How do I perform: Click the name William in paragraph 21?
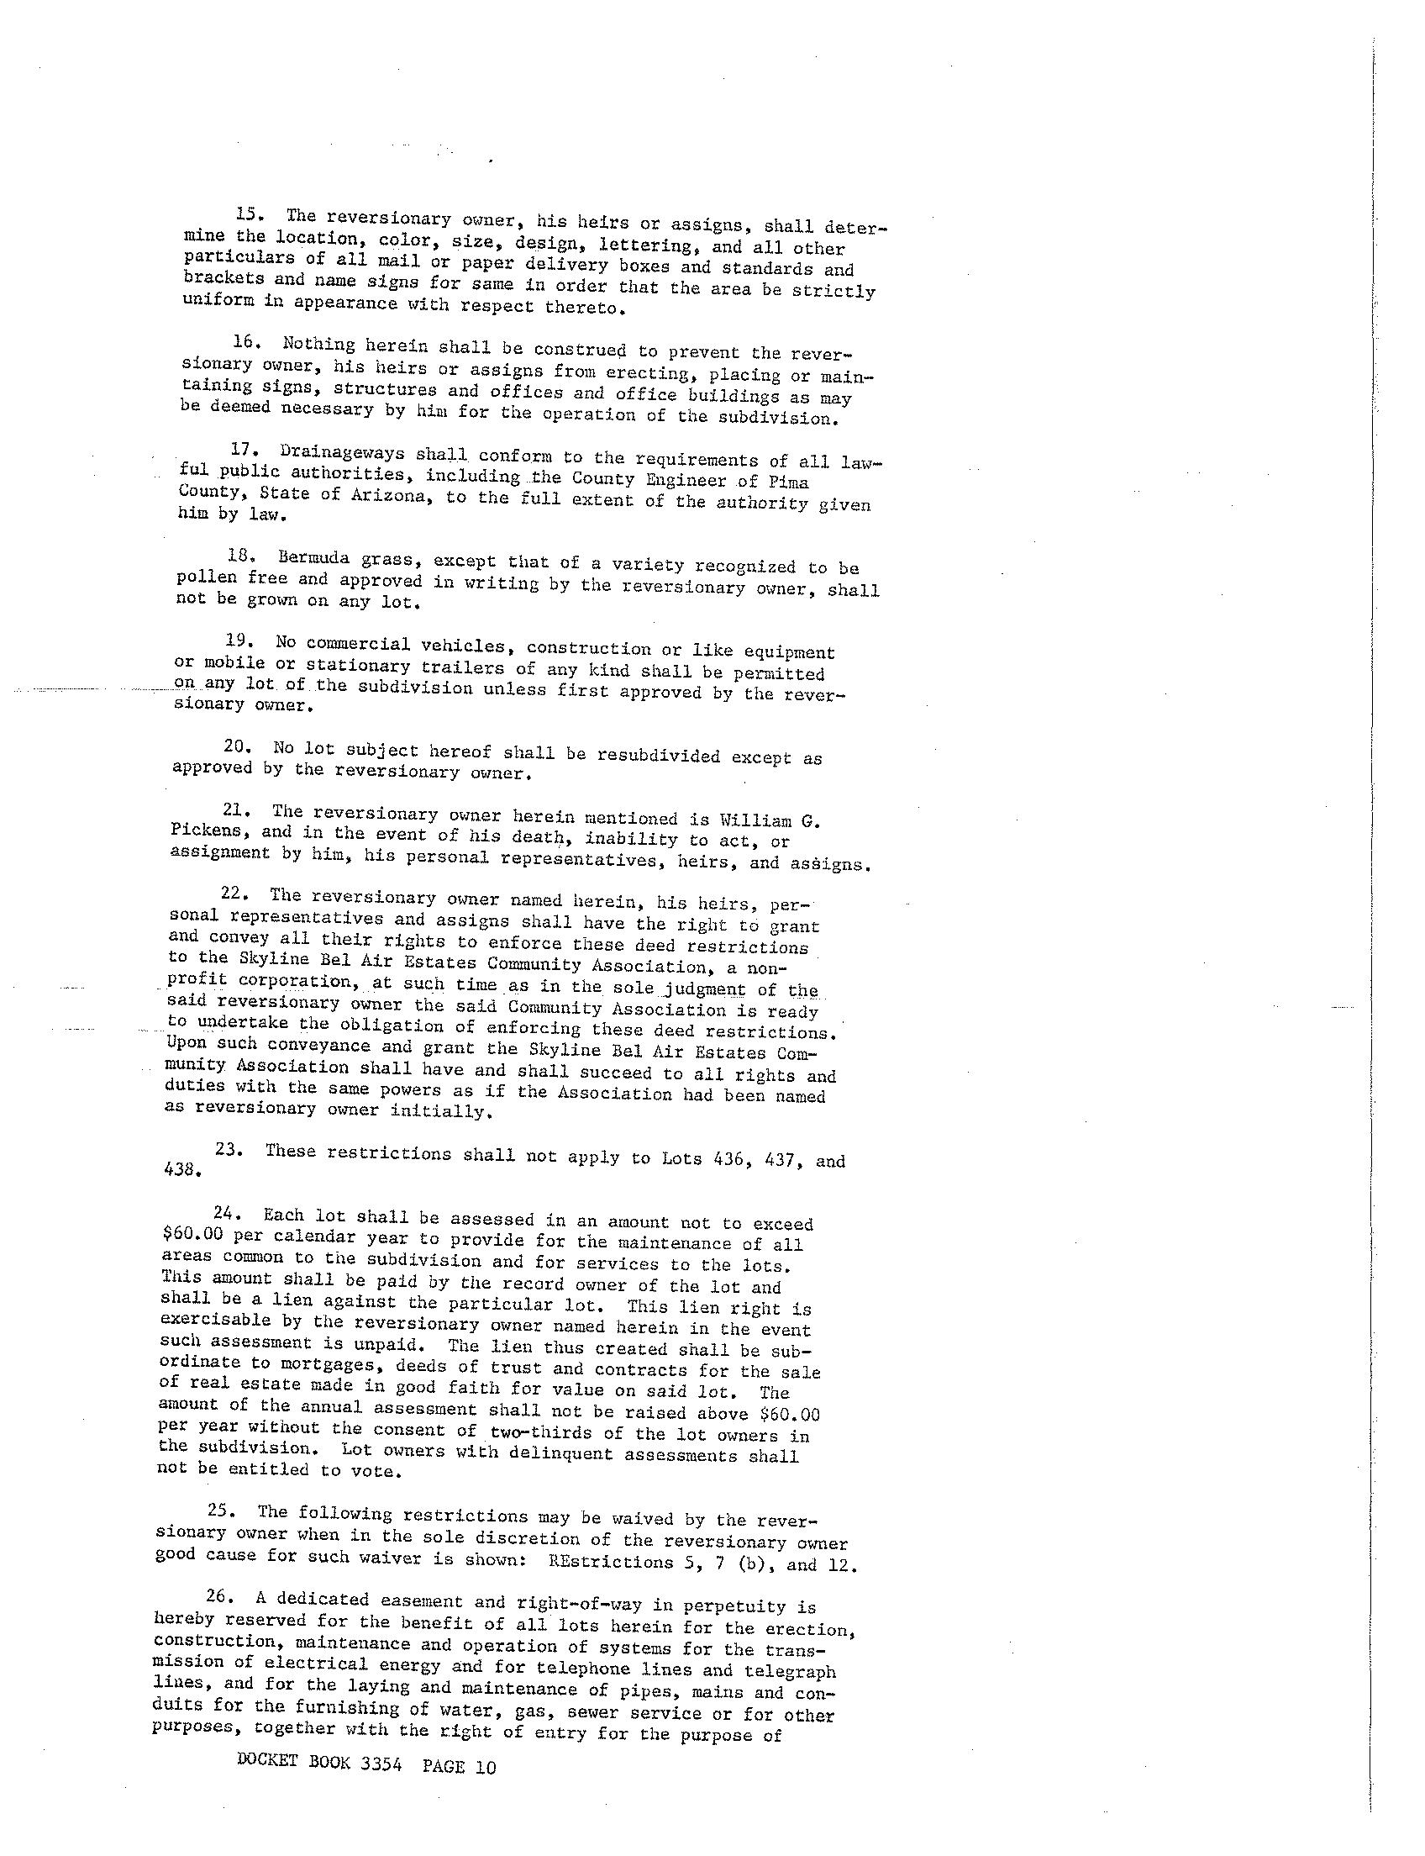(x=755, y=820)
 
